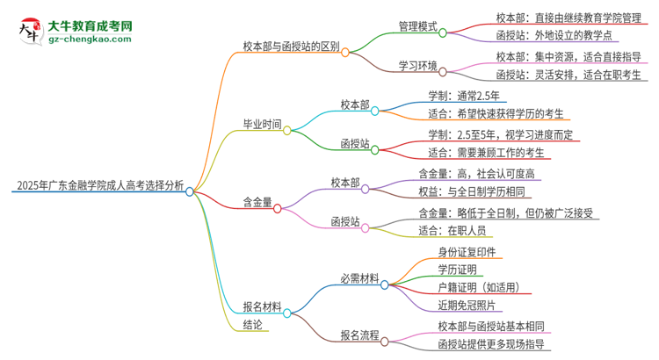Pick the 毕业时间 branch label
coord(263,125)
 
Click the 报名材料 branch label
coord(263,307)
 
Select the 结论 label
coord(254,325)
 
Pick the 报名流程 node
coord(359,335)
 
